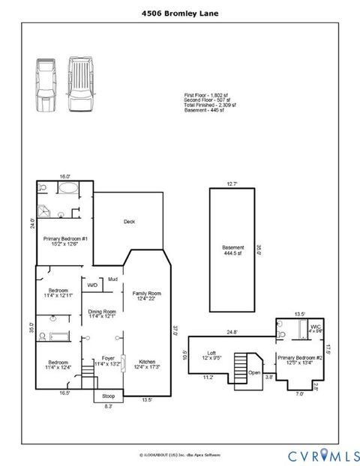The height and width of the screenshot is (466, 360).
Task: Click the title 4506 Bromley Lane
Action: [x=180, y=13]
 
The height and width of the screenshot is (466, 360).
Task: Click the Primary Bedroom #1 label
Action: [x=65, y=239]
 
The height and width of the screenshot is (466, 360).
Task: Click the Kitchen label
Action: [x=147, y=363]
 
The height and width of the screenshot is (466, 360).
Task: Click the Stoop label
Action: [x=109, y=396]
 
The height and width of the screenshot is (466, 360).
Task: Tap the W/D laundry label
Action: [x=93, y=285]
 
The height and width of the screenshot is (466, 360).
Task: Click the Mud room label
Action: [x=113, y=279]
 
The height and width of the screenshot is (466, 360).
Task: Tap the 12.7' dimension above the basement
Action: [x=232, y=184]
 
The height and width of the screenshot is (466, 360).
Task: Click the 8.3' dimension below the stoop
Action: [x=108, y=406]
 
